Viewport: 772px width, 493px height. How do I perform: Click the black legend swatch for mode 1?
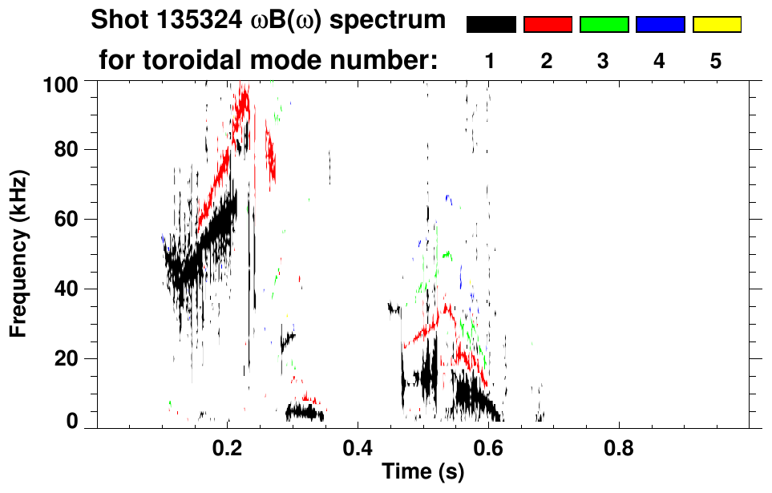tap(491, 25)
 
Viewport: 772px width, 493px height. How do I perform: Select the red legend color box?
tap(548, 25)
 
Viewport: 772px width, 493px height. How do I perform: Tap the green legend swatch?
tap(604, 25)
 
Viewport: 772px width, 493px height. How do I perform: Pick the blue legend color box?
tap(660, 25)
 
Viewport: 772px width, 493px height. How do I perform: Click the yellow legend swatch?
tap(716, 25)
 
